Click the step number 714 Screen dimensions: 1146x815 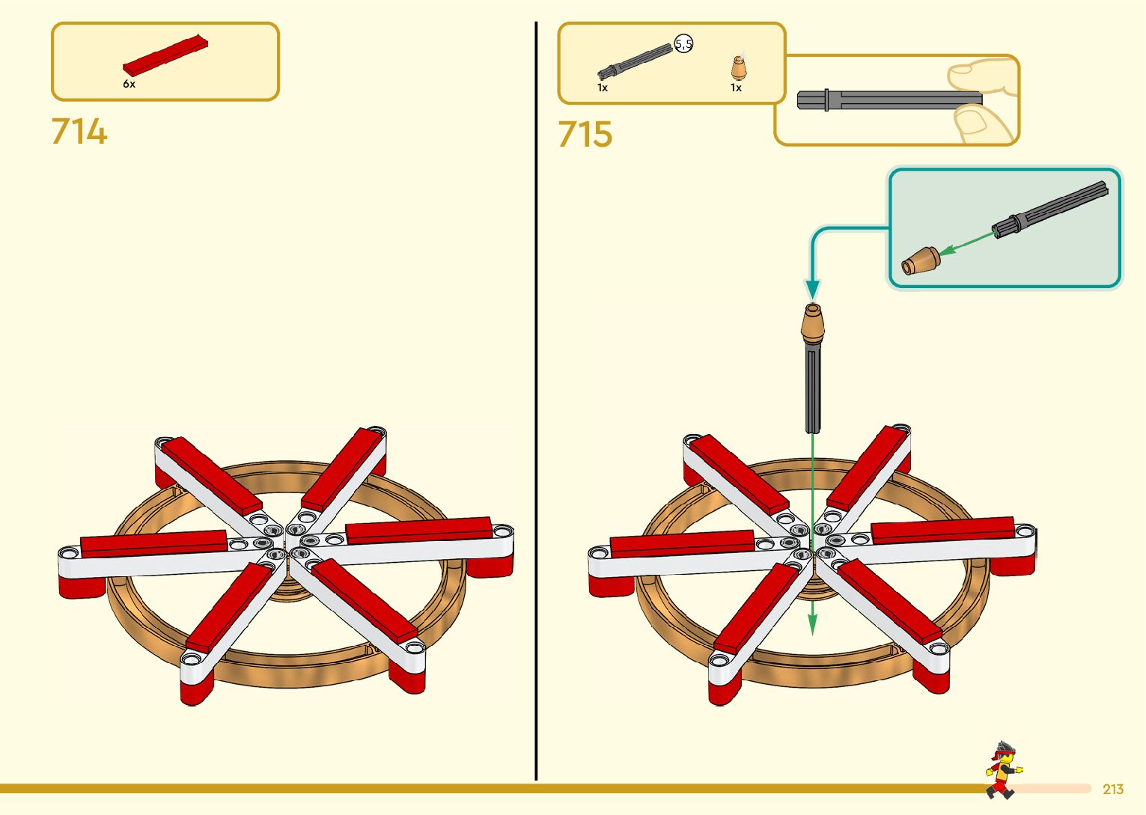(x=79, y=132)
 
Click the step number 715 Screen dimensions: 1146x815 (x=585, y=135)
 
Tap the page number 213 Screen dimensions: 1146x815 (x=1113, y=790)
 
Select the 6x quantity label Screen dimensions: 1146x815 (x=129, y=85)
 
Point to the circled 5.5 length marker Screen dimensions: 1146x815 (x=683, y=44)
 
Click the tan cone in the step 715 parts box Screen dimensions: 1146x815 (x=739, y=69)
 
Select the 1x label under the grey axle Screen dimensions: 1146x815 (x=603, y=88)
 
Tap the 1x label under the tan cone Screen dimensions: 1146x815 (x=736, y=88)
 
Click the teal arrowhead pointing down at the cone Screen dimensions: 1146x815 (x=812, y=289)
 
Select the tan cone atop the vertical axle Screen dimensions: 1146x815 (x=813, y=323)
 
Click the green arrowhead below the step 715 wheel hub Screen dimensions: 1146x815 (x=813, y=624)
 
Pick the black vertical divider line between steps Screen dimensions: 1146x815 (x=536, y=404)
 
